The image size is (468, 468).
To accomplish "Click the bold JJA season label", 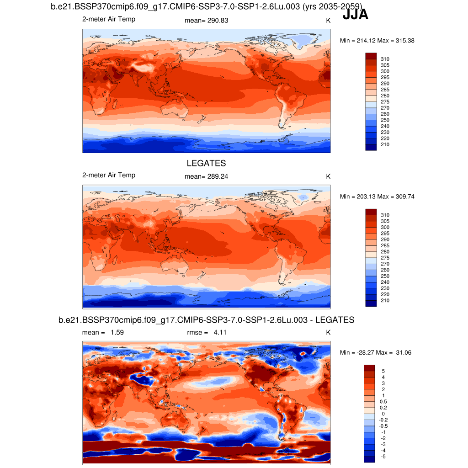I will tap(355, 15).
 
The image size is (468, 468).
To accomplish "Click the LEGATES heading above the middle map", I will tap(206, 163).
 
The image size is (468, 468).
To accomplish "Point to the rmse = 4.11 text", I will tap(207, 333).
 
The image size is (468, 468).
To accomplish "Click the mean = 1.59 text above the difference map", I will tap(103, 333).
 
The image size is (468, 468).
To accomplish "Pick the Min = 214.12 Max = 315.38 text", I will tap(377, 41).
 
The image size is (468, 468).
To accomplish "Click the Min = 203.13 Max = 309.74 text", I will tap(377, 197).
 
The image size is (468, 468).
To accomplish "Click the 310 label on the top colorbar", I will tap(385, 59).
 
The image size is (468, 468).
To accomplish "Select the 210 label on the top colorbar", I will tap(385, 144).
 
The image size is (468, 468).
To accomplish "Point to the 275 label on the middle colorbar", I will tap(385, 258).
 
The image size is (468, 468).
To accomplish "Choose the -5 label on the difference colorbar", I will tap(383, 457).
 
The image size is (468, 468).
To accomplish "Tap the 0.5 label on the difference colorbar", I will tap(384, 401).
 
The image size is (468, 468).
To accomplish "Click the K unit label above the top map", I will tap(328, 21).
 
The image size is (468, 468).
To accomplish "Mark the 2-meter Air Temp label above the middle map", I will tap(109, 175).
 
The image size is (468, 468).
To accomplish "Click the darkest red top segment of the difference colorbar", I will tap(369, 368).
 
